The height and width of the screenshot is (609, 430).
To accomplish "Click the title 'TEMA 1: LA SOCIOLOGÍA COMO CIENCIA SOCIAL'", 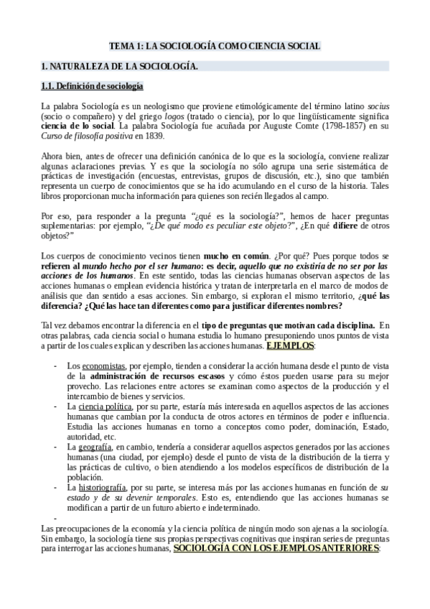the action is pos(215,46).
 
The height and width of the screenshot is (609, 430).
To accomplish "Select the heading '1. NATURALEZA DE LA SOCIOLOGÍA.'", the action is pos(119,67).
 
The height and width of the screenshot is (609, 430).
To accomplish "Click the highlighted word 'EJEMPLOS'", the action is pos(290,345).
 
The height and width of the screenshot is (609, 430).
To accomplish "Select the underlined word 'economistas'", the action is pos(106,366).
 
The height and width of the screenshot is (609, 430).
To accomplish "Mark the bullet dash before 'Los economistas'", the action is pos(56,366).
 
